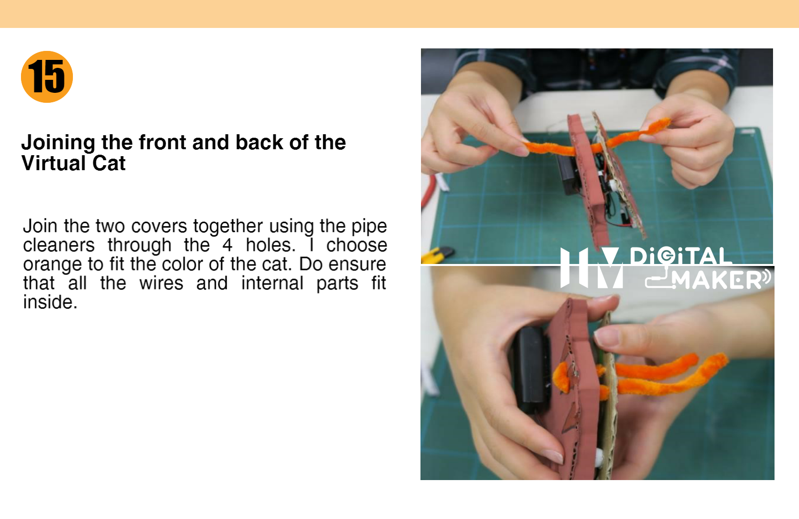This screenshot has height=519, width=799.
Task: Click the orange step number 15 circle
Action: click(47, 77)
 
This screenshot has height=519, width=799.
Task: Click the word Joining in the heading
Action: click(58, 143)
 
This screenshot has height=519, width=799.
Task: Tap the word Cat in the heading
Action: click(109, 163)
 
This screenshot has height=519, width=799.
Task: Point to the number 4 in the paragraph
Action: click(227, 245)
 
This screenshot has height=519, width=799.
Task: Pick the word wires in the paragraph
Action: click(161, 283)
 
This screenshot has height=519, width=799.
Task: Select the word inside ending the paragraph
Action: click(50, 302)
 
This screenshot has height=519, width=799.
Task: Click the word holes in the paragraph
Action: click(271, 245)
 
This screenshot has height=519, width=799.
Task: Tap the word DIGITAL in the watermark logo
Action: click(680, 256)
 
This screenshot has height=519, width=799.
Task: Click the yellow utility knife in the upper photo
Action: click(437, 254)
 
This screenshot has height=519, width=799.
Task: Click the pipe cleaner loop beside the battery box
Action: click(562, 377)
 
